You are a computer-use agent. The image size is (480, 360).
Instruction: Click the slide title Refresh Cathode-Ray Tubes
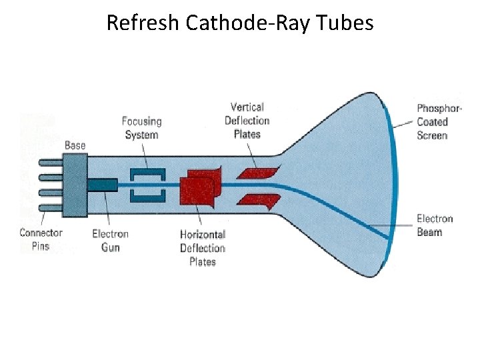point(240,24)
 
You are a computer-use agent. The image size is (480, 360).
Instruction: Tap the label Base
point(75,145)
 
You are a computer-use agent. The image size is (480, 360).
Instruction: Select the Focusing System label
point(142,128)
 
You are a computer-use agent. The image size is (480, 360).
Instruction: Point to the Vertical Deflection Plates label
point(247,121)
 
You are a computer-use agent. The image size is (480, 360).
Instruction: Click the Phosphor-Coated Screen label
point(433,122)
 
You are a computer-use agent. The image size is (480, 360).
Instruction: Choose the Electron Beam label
point(434,225)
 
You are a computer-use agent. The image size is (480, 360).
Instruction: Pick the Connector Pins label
point(41,239)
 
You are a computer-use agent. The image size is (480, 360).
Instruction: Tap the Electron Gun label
point(110,240)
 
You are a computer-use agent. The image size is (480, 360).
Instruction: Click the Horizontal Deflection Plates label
point(203,248)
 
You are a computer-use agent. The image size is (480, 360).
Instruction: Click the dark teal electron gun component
point(103,184)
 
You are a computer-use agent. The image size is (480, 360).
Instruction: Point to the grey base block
point(75,185)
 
